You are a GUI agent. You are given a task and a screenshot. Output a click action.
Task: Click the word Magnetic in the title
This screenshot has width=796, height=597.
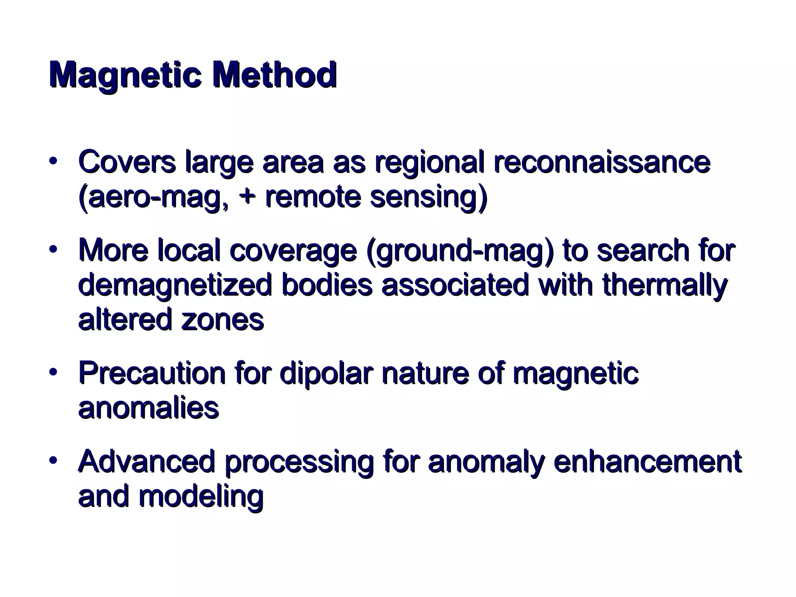point(125,75)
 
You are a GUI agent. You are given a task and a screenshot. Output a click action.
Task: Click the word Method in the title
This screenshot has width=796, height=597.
point(274,75)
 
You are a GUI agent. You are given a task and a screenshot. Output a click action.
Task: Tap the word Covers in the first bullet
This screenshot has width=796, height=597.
point(127,162)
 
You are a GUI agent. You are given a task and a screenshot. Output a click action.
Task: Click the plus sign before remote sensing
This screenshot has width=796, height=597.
point(246,197)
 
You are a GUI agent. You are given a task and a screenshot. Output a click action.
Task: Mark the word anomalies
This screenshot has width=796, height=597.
point(148,408)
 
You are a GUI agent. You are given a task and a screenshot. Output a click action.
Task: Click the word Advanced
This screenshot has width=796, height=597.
point(147,461)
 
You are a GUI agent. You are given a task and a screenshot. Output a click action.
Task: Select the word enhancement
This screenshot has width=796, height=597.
point(648,461)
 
